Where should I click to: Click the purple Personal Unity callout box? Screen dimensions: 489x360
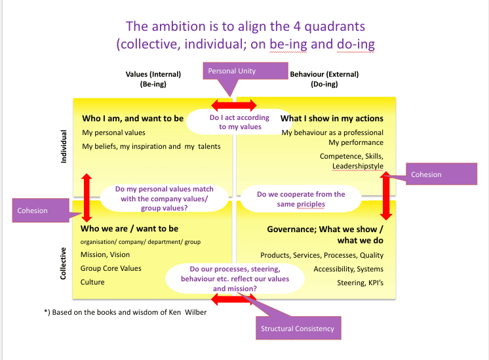tap(245, 71)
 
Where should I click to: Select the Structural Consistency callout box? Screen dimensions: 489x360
tap(298, 328)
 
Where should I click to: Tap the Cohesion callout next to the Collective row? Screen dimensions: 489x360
tap(41, 210)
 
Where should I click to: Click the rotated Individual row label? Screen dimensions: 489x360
tap(64, 146)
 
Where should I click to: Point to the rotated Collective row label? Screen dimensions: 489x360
tap(63, 264)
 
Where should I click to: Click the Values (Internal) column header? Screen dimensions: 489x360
tap(153, 79)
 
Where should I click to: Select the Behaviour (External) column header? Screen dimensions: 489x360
tap(324, 79)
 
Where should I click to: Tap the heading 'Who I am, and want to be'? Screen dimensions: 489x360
tap(133, 119)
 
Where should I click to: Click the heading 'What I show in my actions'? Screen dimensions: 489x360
tap(332, 119)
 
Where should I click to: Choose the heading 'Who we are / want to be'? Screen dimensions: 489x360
tap(129, 229)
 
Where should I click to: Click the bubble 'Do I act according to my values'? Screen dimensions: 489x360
tap(239, 122)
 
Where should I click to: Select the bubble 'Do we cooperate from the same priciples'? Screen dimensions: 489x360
tap(301, 199)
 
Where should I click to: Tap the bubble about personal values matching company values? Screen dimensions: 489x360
tap(165, 199)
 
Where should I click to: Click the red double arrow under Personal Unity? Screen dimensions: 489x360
tap(234, 105)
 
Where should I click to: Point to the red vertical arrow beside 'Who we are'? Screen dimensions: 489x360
tap(87, 197)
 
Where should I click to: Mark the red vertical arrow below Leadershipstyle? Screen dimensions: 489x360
tap(386, 195)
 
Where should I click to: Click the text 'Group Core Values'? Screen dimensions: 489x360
tap(111, 268)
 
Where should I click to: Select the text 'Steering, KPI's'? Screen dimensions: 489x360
tap(361, 283)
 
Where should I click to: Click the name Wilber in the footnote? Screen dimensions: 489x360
tap(196, 312)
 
